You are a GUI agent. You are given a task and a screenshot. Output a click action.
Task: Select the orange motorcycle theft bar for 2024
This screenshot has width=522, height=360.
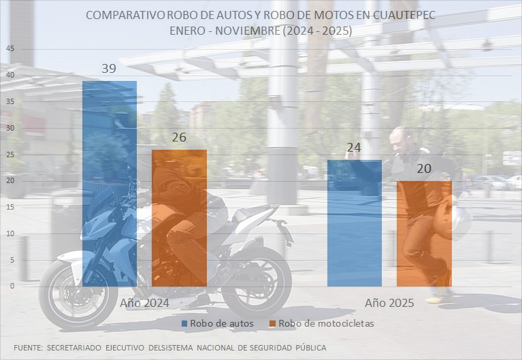(179, 218)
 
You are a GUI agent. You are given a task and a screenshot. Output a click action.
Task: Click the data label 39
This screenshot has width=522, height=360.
(109, 68)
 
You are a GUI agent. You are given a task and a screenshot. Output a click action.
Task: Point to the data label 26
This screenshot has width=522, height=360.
(179, 137)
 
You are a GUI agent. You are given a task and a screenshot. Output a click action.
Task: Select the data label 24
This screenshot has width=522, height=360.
(354, 148)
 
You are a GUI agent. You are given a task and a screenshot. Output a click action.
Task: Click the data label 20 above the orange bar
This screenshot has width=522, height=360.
(424, 169)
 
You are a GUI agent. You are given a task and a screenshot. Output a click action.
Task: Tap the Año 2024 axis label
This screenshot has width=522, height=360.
(144, 303)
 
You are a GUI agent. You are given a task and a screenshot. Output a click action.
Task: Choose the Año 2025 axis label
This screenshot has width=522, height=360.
(389, 303)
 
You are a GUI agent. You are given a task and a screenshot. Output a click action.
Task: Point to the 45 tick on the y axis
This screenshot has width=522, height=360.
(9, 48)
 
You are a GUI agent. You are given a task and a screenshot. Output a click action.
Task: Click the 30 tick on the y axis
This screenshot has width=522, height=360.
(9, 128)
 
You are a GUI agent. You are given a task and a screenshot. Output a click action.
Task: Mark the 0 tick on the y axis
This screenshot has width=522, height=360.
(11, 287)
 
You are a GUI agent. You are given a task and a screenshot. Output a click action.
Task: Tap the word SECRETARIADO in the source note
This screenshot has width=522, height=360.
(71, 348)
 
